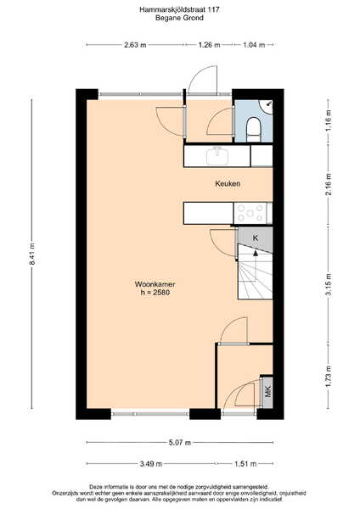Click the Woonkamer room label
pyautogui.click(x=155, y=284)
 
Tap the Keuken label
pyautogui.click(x=228, y=184)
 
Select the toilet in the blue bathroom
pyautogui.click(x=253, y=129)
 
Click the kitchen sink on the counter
pyautogui.click(x=217, y=156)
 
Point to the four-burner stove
pyautogui.click(x=250, y=213)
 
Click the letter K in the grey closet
pyautogui.click(x=256, y=238)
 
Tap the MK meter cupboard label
pyautogui.click(x=267, y=392)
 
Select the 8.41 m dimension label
pyautogui.click(x=32, y=254)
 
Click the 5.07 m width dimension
pyautogui.click(x=180, y=443)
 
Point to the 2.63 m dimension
pyautogui.click(x=135, y=45)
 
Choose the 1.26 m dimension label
pyautogui.click(x=209, y=45)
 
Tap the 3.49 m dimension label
pyautogui.click(x=151, y=464)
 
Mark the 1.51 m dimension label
pyautogui.click(x=245, y=464)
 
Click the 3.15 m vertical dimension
pyautogui.click(x=329, y=284)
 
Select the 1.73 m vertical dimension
pyautogui.click(x=329, y=377)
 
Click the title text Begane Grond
pyautogui.click(x=179, y=18)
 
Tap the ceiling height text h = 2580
pyautogui.click(x=155, y=293)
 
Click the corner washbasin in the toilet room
pyautogui.click(x=266, y=107)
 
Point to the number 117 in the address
pyautogui.click(x=213, y=9)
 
